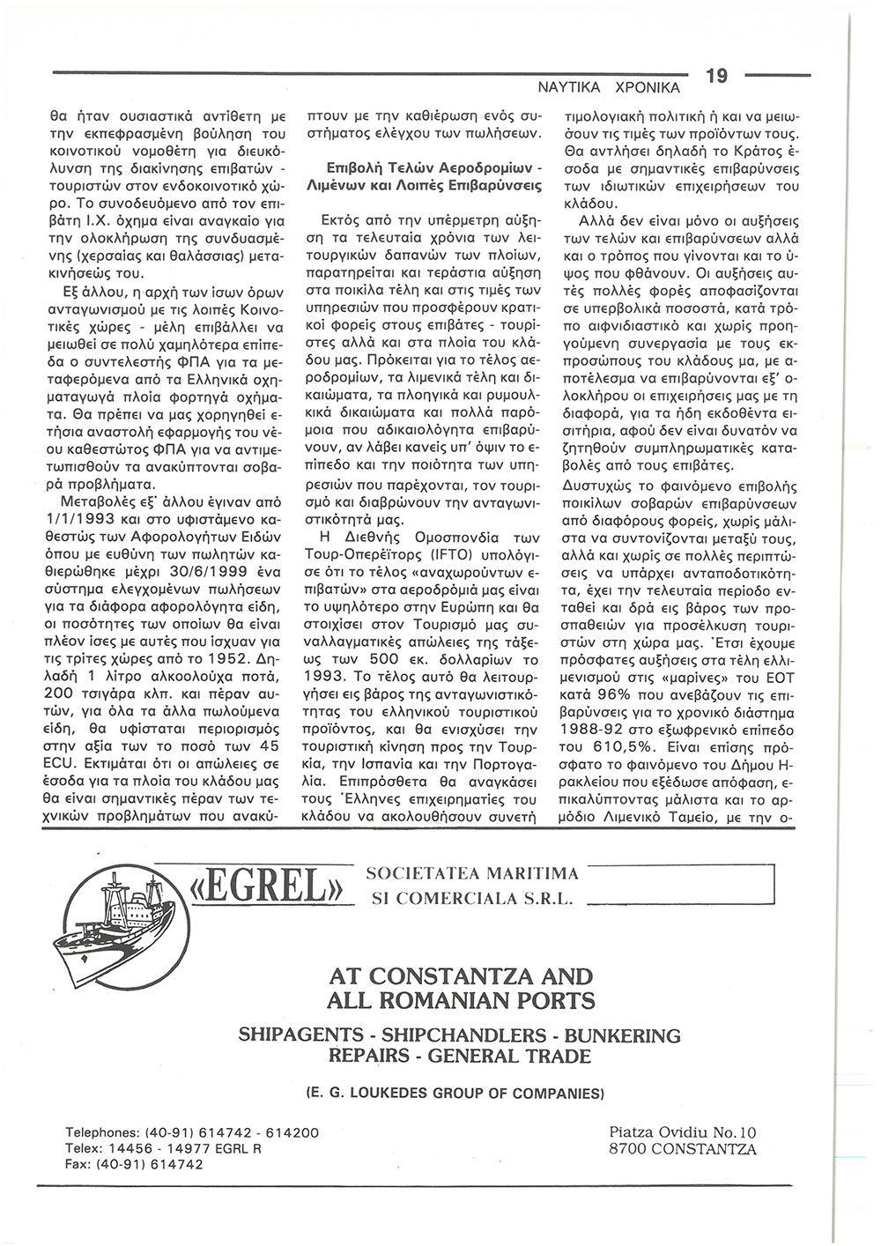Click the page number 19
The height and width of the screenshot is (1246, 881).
pyautogui.click(x=715, y=77)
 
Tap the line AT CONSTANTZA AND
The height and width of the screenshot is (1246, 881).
pyautogui.click(x=460, y=977)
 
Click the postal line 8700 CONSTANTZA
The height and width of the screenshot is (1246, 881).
pyautogui.click(x=682, y=1149)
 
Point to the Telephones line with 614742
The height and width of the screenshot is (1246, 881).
pyautogui.click(x=192, y=1132)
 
